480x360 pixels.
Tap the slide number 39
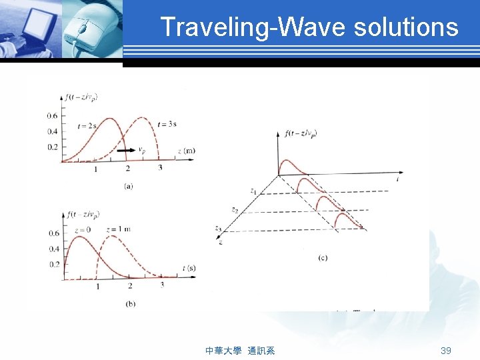click(x=446, y=351)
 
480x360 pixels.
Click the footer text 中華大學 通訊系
click(x=240, y=351)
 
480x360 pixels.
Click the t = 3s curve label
click(x=167, y=123)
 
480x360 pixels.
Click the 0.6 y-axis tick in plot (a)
click(x=52, y=116)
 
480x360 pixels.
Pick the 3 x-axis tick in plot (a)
click(x=160, y=168)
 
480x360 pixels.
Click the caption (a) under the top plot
click(x=128, y=186)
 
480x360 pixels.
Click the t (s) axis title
click(x=189, y=267)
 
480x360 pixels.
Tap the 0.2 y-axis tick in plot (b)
click(x=53, y=265)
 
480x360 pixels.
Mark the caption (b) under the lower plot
click(x=129, y=304)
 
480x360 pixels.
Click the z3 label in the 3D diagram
click(x=218, y=229)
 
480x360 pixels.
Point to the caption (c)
click(x=323, y=257)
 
